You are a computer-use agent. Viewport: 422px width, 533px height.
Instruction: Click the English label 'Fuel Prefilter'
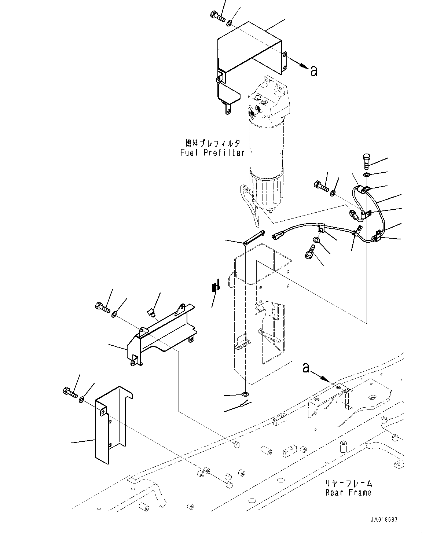(x=212, y=153)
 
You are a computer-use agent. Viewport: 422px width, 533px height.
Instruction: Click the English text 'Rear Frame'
(x=348, y=493)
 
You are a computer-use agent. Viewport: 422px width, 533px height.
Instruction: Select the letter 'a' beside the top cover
(x=313, y=70)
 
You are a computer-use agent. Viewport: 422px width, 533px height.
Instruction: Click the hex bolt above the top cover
(x=218, y=16)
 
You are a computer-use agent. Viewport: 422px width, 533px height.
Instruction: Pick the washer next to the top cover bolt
(x=229, y=23)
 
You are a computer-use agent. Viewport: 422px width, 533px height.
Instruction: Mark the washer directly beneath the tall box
(x=245, y=394)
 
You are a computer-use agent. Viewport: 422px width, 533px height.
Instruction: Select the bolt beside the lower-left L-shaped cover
(x=69, y=392)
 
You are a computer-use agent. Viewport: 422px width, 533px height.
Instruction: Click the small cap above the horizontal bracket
(x=151, y=313)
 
